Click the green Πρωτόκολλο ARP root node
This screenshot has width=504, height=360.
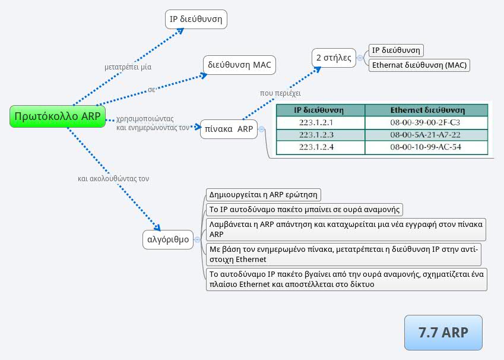pos(57,116)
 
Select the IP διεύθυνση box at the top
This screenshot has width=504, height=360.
pos(196,20)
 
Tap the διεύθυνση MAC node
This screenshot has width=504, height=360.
pos(240,65)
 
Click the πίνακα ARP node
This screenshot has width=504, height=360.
pos(229,129)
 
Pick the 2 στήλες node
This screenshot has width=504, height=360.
pos(334,58)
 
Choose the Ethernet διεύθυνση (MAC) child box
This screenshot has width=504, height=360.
pos(419,65)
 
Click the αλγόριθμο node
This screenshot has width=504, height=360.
pos(169,240)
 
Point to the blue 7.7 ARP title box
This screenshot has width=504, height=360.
pos(443,333)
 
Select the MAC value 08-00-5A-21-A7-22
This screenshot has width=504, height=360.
pos(425,135)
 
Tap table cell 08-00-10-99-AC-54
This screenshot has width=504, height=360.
pos(425,147)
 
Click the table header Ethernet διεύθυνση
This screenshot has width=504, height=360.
pos(427,110)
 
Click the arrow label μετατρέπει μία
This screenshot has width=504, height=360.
pos(123,67)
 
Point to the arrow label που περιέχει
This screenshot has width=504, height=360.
pos(280,93)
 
